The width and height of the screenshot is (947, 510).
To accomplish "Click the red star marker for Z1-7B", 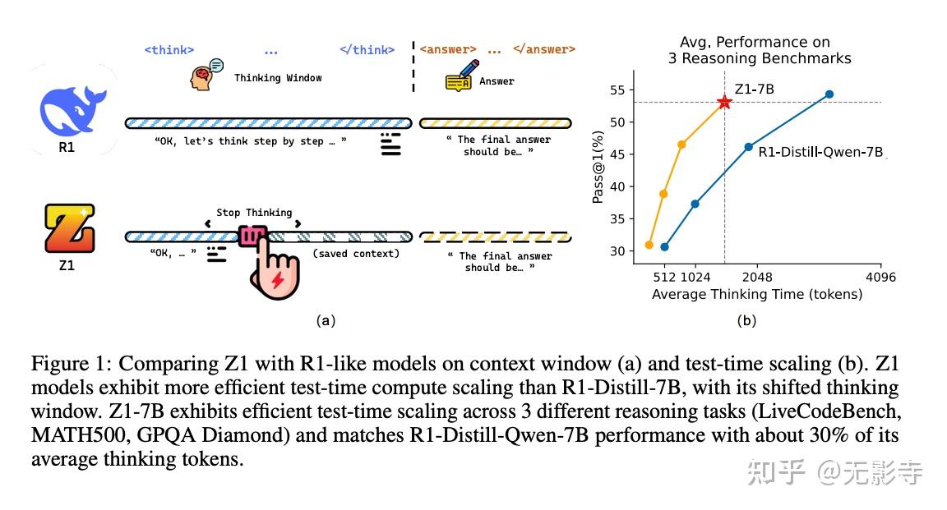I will coord(724,102).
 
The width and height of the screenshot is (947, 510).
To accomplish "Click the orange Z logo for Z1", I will coord(69,230).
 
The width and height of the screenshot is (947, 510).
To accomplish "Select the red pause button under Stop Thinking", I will coord(252,237).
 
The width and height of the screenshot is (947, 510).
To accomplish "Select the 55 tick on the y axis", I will coord(617,90).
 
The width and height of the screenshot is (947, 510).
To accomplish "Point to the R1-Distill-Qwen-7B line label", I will coord(820,152).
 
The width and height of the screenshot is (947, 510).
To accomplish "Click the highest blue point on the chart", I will coord(829,94).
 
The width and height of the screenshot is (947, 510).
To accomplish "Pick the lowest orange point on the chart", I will coord(649,245).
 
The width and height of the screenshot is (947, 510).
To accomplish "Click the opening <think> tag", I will coord(169,50).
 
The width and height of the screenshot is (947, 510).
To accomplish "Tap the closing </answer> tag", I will coord(544,49).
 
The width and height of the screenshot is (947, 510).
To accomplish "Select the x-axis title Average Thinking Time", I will coord(756,294).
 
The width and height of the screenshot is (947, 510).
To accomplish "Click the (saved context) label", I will coord(355,254).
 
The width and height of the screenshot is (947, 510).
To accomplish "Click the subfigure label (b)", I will coord(746,321).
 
